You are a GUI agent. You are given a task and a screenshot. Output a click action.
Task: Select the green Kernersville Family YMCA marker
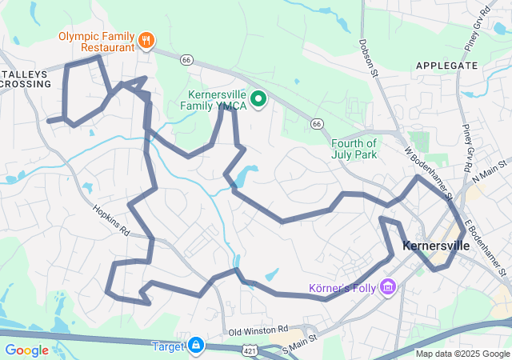[x=258, y=99]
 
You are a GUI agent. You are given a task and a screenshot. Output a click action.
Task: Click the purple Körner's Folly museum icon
[x=389, y=286]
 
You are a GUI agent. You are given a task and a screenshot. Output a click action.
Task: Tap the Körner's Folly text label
[x=343, y=287]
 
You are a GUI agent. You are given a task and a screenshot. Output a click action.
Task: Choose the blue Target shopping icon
[x=196, y=346]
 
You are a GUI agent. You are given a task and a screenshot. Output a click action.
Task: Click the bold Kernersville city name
[x=437, y=246]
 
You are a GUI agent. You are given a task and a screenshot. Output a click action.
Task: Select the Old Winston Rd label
[x=258, y=330]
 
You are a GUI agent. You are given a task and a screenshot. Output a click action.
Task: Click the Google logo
[x=26, y=350]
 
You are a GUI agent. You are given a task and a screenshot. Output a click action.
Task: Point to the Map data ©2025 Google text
[x=462, y=354]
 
